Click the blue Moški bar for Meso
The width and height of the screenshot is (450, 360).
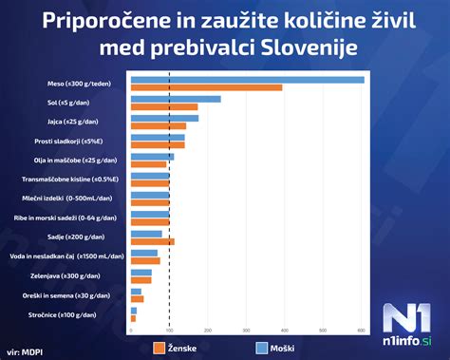pyautogui.click(x=247, y=80)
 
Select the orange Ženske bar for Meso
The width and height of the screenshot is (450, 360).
pyautogui.click(x=206, y=88)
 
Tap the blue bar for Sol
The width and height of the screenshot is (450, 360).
pyautogui.click(x=176, y=99)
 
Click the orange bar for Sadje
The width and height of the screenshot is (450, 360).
pyautogui.click(x=152, y=241)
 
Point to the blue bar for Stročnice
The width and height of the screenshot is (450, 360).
pyautogui.click(x=134, y=311)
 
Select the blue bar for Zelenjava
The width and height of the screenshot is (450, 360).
pyautogui.click(x=141, y=273)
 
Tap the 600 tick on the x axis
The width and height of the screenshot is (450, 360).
pyautogui.click(x=361, y=330)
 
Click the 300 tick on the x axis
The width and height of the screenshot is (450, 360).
pyautogui.click(x=246, y=330)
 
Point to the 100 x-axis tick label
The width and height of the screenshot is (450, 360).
pyautogui.click(x=169, y=330)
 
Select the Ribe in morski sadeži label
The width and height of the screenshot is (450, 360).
pyautogui.click(x=83, y=218)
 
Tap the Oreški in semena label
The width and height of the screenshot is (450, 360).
pyautogui.click(x=84, y=295)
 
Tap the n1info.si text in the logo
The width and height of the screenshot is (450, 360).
pyautogui.click(x=410, y=339)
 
